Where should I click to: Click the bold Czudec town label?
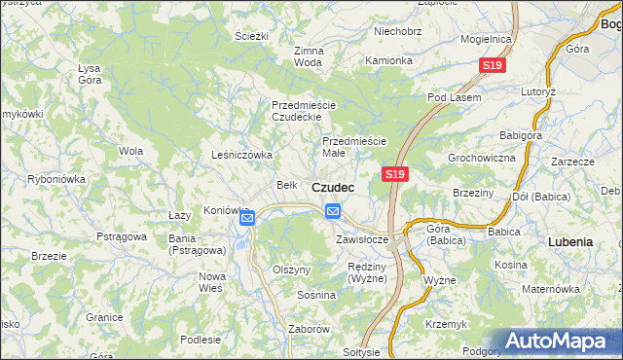coord(333,186)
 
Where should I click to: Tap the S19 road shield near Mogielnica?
coord(493,65)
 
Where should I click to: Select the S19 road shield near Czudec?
coord(393,173)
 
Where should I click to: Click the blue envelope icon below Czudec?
coord(333,211)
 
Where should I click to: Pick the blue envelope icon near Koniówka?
coord(247,218)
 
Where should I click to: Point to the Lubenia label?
coord(570,240)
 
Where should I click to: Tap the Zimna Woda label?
coord(308,56)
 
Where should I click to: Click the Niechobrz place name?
coord(398,31)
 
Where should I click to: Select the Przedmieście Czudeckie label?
coord(304,111)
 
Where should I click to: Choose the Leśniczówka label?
coord(241,155)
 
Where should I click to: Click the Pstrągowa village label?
coord(122,236)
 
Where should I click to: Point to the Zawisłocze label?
coord(362,239)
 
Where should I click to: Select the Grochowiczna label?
coord(481,157)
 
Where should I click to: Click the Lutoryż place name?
coord(565,90)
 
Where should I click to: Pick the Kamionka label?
coord(389,60)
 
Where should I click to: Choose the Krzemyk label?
coord(446,323)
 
